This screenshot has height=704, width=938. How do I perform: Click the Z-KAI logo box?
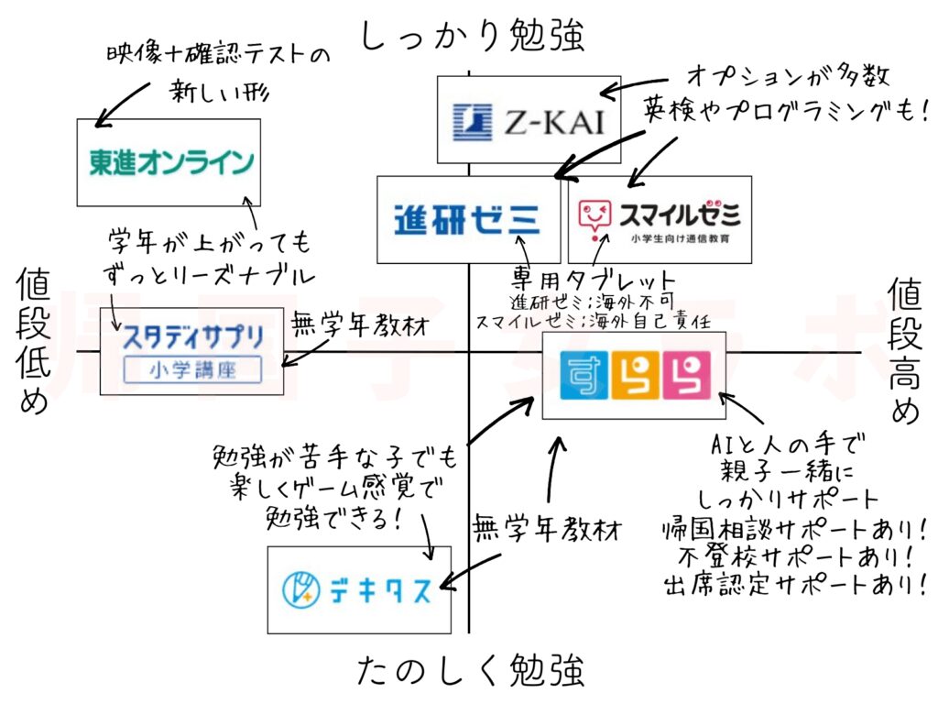coord(529,119)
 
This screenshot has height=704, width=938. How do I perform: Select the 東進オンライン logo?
coord(169,161)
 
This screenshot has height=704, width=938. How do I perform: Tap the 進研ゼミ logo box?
coord(468,219)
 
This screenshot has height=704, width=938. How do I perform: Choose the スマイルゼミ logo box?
coord(660,219)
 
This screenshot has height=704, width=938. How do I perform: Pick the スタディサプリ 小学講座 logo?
coord(192,350)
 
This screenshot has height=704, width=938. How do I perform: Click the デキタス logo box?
coord(358,588)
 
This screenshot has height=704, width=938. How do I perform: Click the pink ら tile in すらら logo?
coord(688,375)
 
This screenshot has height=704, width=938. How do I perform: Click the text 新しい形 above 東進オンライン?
coord(214,92)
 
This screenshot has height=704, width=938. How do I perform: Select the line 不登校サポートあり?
coord(789,555)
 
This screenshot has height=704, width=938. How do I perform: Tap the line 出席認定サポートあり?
coord(789,584)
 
